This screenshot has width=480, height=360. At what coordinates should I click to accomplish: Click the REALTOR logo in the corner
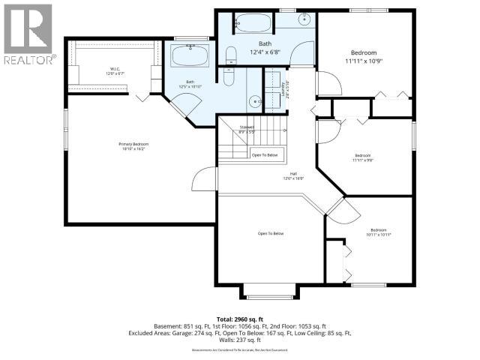pyautogui.click(x=28, y=34)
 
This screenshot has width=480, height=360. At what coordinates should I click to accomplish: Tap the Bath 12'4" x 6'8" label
pyautogui.click(x=265, y=48)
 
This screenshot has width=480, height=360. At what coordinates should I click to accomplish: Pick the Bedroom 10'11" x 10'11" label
pyautogui.click(x=380, y=232)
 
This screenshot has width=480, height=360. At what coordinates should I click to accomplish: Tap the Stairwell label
pyautogui.click(x=247, y=129)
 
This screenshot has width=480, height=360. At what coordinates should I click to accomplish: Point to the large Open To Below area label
pyautogui.click(x=270, y=234)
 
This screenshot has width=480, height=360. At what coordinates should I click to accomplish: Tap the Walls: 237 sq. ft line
pyautogui.click(x=240, y=341)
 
